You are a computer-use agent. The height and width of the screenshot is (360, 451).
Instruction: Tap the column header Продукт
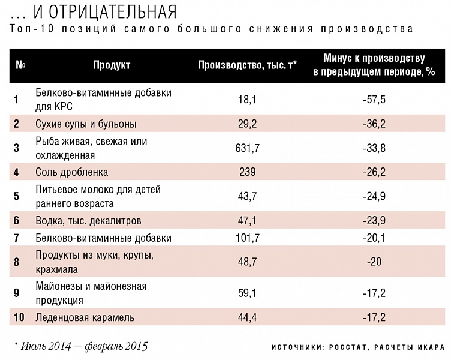112,64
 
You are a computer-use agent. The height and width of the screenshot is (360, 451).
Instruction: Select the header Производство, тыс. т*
248,64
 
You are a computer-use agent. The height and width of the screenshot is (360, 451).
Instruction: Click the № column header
20,64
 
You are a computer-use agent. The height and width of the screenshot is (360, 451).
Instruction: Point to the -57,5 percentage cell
374,99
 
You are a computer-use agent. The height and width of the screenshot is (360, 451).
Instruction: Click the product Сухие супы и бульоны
86,124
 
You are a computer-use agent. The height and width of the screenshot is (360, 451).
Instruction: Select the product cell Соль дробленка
71,172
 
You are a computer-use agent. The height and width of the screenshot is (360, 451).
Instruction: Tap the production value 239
247,172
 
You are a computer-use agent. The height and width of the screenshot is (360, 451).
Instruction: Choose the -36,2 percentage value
374,124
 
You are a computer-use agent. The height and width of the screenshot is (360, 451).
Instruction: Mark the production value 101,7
247,238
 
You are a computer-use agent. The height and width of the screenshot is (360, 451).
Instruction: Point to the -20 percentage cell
374,262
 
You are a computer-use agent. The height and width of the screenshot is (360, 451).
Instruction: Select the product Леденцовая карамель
85,317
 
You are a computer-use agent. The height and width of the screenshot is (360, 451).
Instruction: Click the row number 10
19,317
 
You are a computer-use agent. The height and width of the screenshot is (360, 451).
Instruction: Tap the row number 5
17,196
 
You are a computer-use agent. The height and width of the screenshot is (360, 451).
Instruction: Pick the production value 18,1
247,99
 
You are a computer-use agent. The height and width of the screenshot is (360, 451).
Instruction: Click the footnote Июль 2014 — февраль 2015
83,346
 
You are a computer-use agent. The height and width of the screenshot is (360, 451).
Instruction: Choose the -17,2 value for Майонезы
374,293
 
